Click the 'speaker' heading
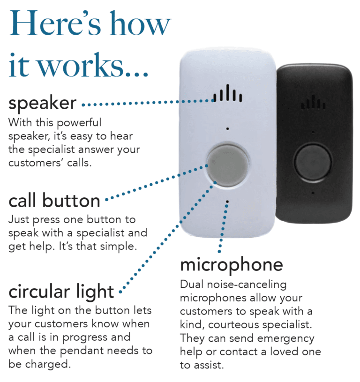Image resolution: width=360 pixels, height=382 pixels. point(42,103)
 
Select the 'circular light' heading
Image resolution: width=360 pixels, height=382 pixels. point(61,292)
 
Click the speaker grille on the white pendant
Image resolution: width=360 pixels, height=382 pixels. point(228,93)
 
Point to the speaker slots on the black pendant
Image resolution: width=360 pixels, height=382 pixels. point(313,102)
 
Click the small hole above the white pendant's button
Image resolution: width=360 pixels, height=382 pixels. point(227,128)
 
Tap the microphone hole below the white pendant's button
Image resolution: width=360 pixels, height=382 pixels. point(227,202)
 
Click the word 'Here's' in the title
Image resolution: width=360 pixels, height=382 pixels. point(55,23)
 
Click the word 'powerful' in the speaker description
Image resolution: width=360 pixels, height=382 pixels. point(79,123)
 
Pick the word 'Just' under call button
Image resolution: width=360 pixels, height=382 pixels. point(19,219)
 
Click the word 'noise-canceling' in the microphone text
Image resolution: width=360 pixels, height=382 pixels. point(247,285)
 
